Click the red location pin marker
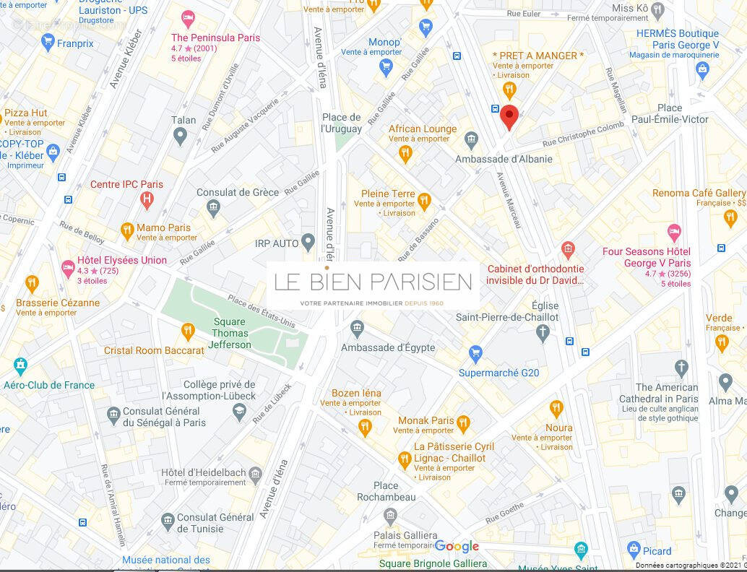[x=509, y=116]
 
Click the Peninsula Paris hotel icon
[x=188, y=17]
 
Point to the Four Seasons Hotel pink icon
[x=674, y=233]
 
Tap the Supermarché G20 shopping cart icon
[x=475, y=354]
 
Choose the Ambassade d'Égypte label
[x=388, y=347]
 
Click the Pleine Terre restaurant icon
[x=424, y=201]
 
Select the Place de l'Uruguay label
[x=341, y=123]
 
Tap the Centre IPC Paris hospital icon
[x=147, y=199]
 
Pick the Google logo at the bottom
[x=457, y=547]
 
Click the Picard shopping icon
[x=634, y=550]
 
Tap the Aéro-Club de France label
[x=49, y=385]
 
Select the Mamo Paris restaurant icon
[x=127, y=231]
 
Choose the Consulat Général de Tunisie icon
[x=168, y=520]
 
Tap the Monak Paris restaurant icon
[x=463, y=424]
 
